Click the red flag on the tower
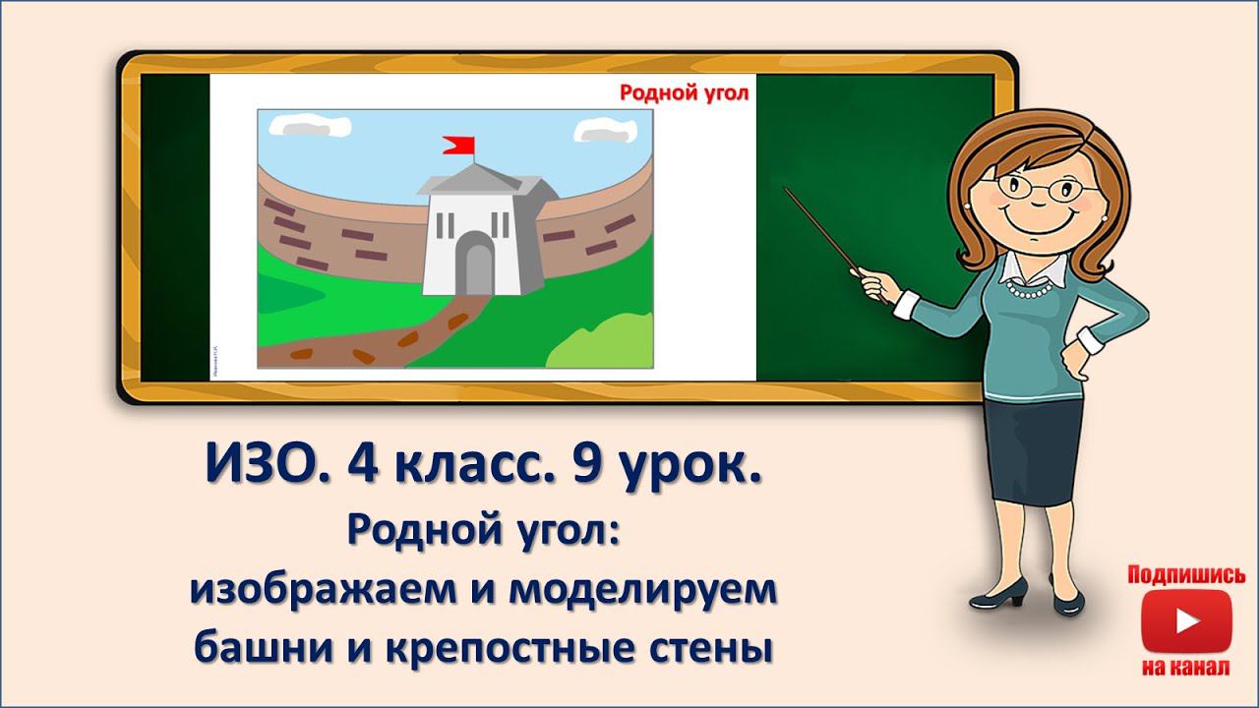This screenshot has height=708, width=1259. tap(459, 147)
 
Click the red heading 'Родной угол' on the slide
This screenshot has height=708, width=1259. tap(684, 93)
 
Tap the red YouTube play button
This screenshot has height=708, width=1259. tap(1185, 621)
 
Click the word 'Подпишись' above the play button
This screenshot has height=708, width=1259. tap(1186, 575)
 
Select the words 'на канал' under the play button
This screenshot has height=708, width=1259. tap(1185, 668)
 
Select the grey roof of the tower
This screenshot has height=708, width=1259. tap(477, 179)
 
